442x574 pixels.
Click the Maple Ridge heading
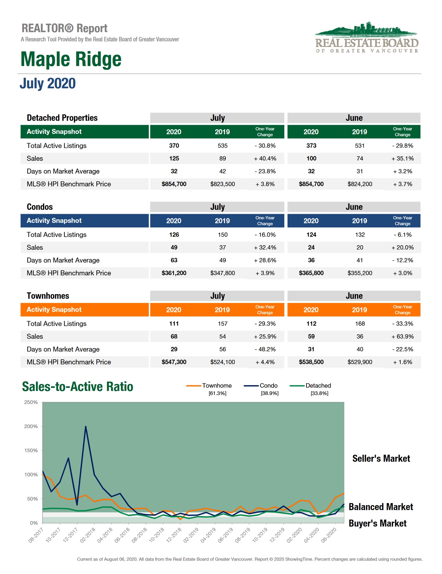pos(71,59)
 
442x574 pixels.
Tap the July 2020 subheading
pos(47,83)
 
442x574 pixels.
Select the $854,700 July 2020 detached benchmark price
pos(174,184)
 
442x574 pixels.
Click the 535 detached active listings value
pos(223,146)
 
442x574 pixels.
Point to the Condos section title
pos(40,207)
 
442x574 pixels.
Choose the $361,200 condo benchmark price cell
pos(174,273)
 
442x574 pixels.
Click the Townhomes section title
pos(48,296)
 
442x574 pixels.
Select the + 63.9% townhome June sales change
pos(402,336)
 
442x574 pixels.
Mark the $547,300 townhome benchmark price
pos(174,362)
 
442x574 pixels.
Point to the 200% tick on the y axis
pos(31,426)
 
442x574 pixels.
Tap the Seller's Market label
pos(381,459)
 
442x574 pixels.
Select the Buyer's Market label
pos(377,523)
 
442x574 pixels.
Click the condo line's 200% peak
pos(86,426)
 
